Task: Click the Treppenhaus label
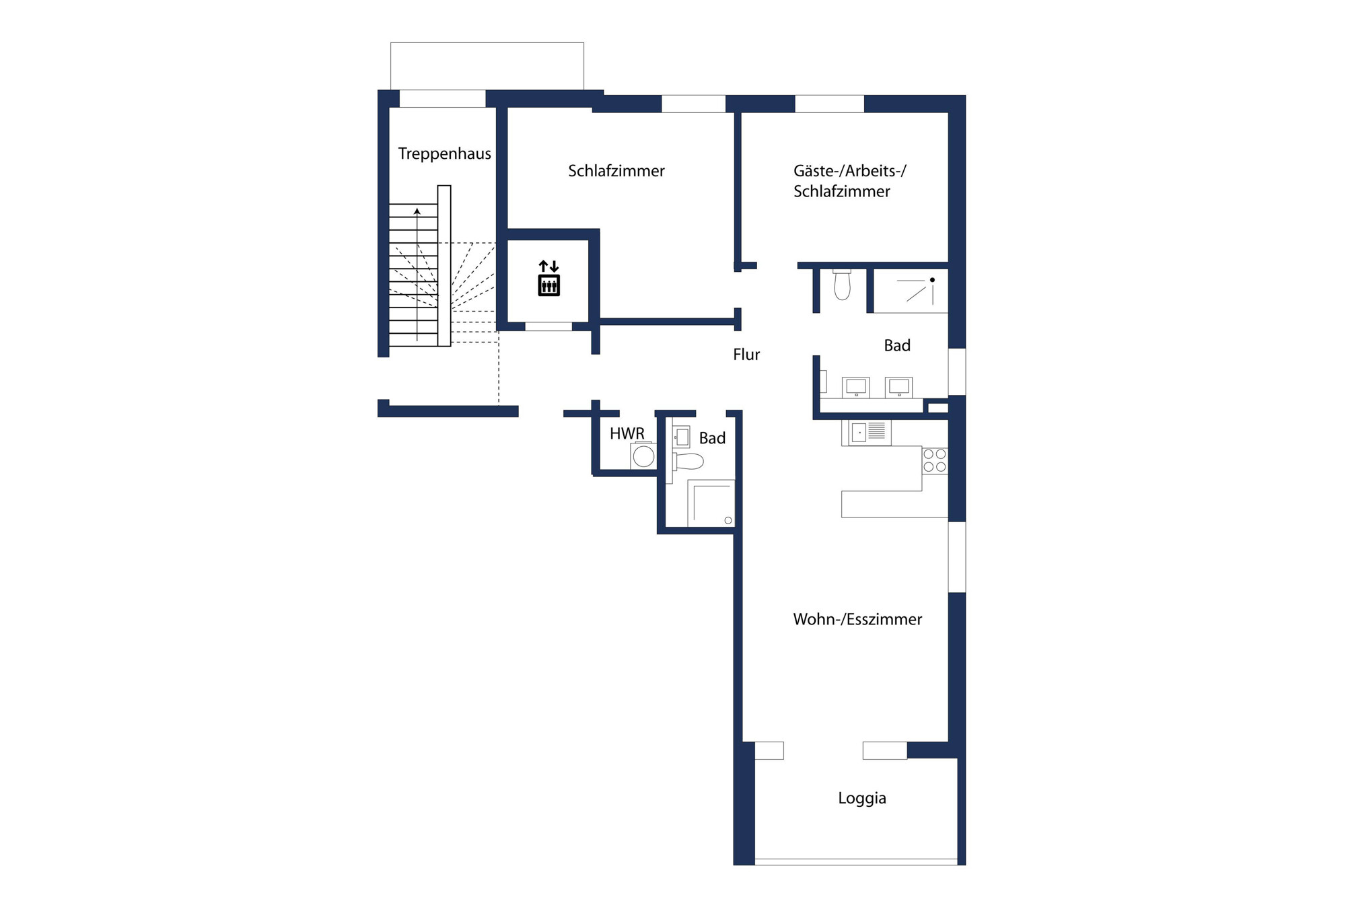tap(444, 154)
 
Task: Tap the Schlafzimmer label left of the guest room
tap(616, 171)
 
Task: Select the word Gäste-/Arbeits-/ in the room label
tap(849, 171)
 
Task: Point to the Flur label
tap(746, 355)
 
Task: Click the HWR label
tap(627, 433)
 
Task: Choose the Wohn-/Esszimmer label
tap(857, 619)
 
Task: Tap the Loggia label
tap(861, 798)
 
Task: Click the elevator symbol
tap(549, 278)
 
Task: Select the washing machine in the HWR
tap(643, 456)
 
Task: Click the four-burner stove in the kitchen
tap(935, 461)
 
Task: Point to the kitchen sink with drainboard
tap(866, 432)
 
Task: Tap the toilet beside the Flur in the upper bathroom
tap(842, 285)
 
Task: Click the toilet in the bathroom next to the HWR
tap(688, 462)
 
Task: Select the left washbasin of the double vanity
tap(856, 387)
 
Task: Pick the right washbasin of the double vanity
tap(899, 387)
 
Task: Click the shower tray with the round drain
tap(711, 503)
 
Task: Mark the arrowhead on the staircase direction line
tap(417, 211)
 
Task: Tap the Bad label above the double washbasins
tap(897, 346)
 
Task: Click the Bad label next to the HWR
tap(712, 439)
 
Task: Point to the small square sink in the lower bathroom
tap(682, 437)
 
